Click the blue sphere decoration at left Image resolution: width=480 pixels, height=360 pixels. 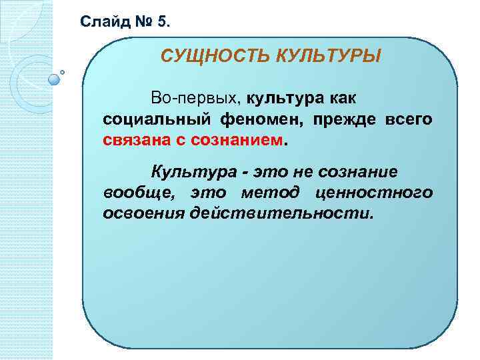(x=55, y=79)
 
